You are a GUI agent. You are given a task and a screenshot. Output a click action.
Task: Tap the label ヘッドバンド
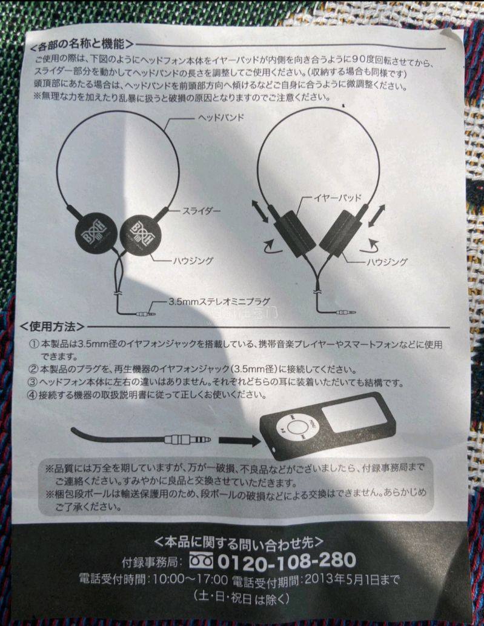click(220, 118)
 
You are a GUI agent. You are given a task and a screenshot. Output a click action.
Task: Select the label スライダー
click(201, 211)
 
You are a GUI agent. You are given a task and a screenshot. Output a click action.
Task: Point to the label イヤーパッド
click(337, 198)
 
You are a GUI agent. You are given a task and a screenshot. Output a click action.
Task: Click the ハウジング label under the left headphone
click(193, 261)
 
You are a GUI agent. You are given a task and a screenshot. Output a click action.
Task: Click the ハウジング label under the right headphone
click(386, 262)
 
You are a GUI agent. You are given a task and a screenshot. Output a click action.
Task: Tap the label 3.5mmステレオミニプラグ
click(219, 301)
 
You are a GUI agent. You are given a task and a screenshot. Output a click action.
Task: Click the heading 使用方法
click(52, 327)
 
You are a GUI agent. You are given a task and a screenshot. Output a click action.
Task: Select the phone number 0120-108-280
click(287, 561)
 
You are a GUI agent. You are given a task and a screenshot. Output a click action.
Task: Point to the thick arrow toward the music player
click(239, 441)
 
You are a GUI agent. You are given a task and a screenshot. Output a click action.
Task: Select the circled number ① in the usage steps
click(35, 344)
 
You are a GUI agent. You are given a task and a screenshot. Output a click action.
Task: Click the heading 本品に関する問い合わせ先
click(238, 542)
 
